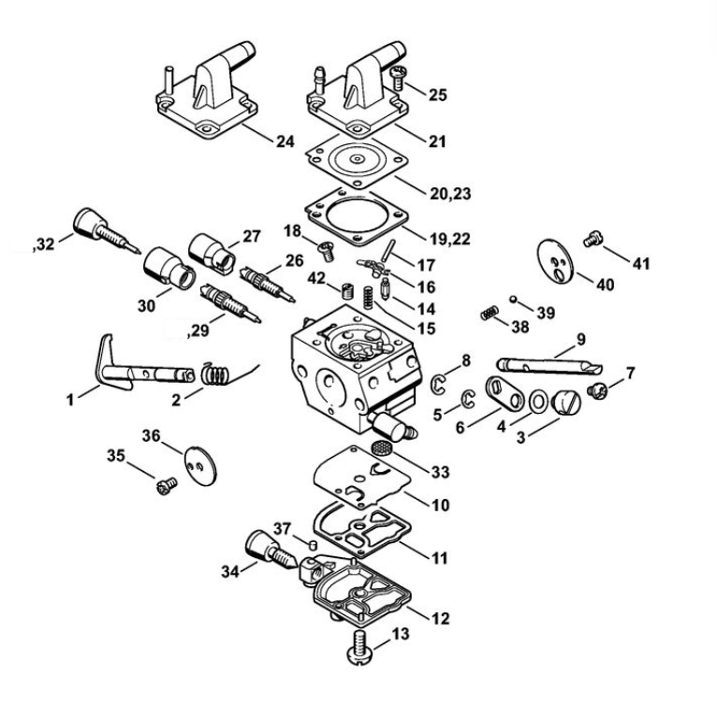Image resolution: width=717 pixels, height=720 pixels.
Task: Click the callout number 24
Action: pos(285,141)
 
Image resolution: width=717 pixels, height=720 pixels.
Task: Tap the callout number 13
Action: pos(399,635)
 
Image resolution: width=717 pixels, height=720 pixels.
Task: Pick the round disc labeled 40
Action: pos(555,260)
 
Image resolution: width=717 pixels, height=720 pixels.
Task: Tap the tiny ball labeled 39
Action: pos(514,299)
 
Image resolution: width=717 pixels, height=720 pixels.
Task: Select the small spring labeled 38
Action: pos(488,314)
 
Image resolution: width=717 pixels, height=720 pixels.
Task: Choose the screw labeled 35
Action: pos(168,484)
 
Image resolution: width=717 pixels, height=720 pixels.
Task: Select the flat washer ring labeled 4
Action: pos(514,402)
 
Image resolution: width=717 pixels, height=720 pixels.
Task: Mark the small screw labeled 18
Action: pos(327,249)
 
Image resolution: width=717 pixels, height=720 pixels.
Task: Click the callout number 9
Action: pos(581,338)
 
